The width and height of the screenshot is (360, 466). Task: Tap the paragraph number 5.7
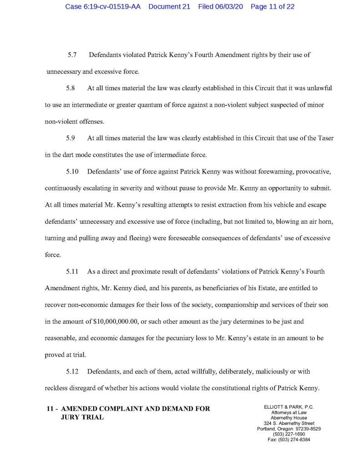coord(71,55)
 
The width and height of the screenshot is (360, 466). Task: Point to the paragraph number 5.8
coord(71,88)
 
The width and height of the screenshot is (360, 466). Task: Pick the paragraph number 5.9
coord(71,138)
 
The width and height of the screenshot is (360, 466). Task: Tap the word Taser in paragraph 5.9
coord(324,138)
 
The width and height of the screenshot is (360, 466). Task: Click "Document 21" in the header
coord(169,7)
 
